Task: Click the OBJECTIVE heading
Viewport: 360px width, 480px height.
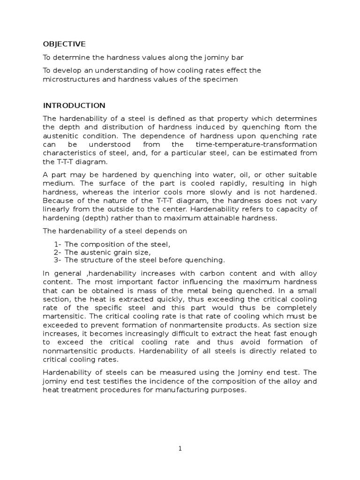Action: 64,44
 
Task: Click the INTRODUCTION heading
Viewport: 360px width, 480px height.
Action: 74,105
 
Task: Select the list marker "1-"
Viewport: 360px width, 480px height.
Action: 58,244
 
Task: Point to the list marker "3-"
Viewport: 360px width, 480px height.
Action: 58,260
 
